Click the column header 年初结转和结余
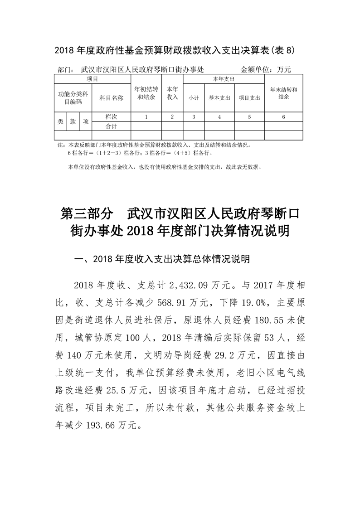pos(146,93)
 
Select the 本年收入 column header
pos(172,93)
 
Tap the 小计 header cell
pos(194,97)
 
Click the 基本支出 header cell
pos(219,97)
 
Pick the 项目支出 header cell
pos(249,97)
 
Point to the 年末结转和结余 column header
pos(283,93)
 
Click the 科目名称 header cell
pos(111,97)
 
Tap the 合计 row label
pos(111,126)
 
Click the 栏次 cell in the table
pos(111,117)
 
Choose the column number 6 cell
pos(283,117)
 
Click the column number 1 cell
pos(146,117)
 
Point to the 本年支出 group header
pos(224,79)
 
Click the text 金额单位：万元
pos(265,70)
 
